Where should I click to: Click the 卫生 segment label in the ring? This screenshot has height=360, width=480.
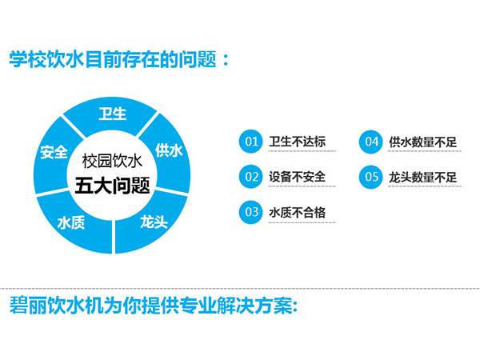pyautogui.click(x=112, y=114)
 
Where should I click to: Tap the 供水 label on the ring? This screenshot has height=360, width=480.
pyautogui.click(x=169, y=150)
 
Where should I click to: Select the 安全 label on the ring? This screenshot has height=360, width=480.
pyautogui.click(x=54, y=152)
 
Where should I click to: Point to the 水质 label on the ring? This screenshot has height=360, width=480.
pyautogui.click(x=71, y=222)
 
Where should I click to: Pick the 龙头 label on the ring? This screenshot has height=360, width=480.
pyautogui.click(x=154, y=222)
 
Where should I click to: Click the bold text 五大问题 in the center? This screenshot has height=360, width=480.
pyautogui.click(x=113, y=186)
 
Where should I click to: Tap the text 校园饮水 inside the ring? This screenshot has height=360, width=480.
pyautogui.click(x=112, y=161)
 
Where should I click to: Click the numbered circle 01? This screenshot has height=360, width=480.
pyautogui.click(x=250, y=141)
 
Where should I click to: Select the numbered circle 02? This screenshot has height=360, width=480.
pyautogui.click(x=250, y=177)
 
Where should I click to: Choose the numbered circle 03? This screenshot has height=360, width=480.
pyautogui.click(x=250, y=212)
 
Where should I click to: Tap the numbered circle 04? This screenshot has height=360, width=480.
pyautogui.click(x=370, y=142)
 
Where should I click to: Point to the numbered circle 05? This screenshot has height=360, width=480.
pyautogui.click(x=370, y=177)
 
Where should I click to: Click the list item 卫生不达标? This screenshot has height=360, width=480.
pyautogui.click(x=298, y=142)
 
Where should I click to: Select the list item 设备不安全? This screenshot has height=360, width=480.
pyautogui.click(x=298, y=177)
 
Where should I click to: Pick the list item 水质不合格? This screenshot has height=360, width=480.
pyautogui.click(x=298, y=212)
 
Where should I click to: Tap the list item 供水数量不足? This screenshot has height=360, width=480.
pyautogui.click(x=422, y=142)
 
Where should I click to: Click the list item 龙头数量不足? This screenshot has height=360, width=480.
pyautogui.click(x=422, y=177)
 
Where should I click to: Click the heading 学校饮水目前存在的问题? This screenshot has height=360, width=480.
pyautogui.click(x=118, y=59)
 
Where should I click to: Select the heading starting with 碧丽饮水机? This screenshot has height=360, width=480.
pyautogui.click(x=154, y=306)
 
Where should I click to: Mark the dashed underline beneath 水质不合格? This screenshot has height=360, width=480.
pyautogui.click(x=302, y=222)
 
